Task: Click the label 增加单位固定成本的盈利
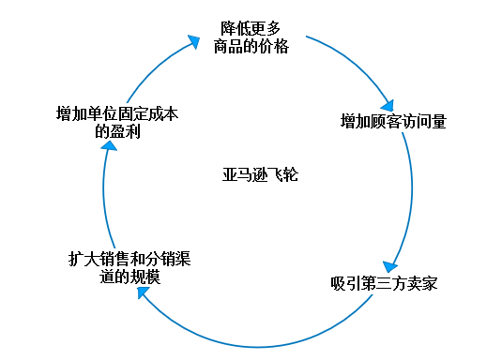[116, 123]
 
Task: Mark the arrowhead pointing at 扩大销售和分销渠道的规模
[144, 292]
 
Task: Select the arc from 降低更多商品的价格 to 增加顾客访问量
[352, 61]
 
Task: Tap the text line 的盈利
[117, 131]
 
